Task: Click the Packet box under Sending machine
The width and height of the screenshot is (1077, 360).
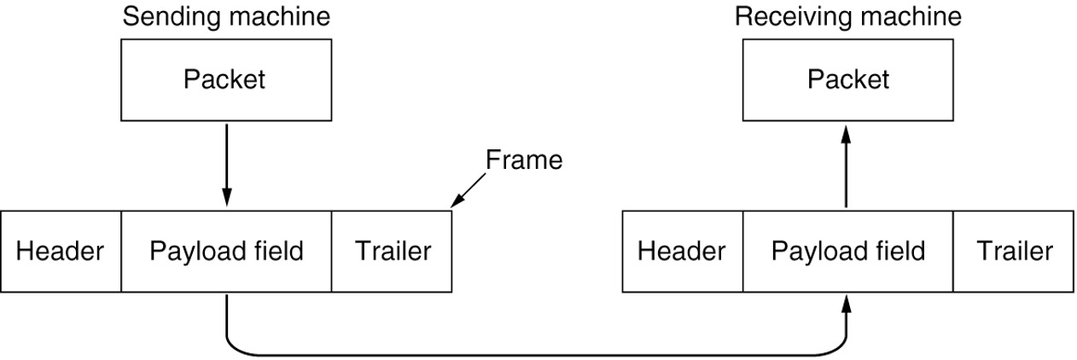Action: click(225, 80)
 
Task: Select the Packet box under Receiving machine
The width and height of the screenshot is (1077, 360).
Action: click(847, 80)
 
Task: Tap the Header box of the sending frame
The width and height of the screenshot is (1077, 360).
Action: click(61, 252)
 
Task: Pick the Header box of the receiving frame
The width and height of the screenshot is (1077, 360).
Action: click(682, 252)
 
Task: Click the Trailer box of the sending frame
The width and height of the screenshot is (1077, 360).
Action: click(392, 252)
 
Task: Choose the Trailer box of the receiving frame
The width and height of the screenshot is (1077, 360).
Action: click(1014, 252)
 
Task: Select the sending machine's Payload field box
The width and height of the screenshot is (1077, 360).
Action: click(226, 252)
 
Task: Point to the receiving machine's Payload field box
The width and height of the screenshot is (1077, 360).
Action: click(847, 252)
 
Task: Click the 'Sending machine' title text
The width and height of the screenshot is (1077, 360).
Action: click(226, 16)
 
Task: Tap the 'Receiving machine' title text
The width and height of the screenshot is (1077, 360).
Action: click(847, 16)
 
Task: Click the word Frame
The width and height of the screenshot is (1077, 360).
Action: click(524, 160)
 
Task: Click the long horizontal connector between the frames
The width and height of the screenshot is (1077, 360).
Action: click(536, 353)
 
